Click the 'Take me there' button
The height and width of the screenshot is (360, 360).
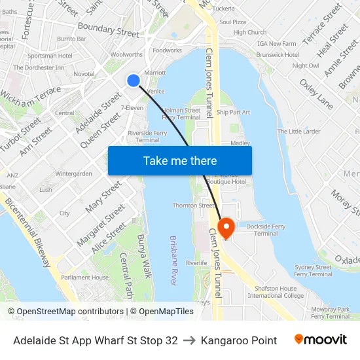tap(180, 160)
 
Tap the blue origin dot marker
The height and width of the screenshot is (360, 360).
tap(134, 80)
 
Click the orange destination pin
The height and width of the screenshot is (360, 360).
tap(226, 227)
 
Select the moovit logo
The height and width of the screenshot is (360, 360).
tap(320, 340)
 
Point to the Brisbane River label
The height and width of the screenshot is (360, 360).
tap(173, 261)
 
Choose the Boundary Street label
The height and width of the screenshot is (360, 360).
tap(108, 29)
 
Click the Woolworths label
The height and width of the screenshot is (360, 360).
tap(126, 55)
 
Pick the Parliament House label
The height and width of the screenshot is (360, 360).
tap(85, 278)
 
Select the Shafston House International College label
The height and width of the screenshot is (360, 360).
tap(276, 292)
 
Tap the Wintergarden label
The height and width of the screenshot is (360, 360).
tap(73, 174)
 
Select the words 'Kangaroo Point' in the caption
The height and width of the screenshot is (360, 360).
tap(239, 340)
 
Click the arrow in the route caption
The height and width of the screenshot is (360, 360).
tap(189, 340)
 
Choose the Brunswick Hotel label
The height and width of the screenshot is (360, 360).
tap(278, 55)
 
